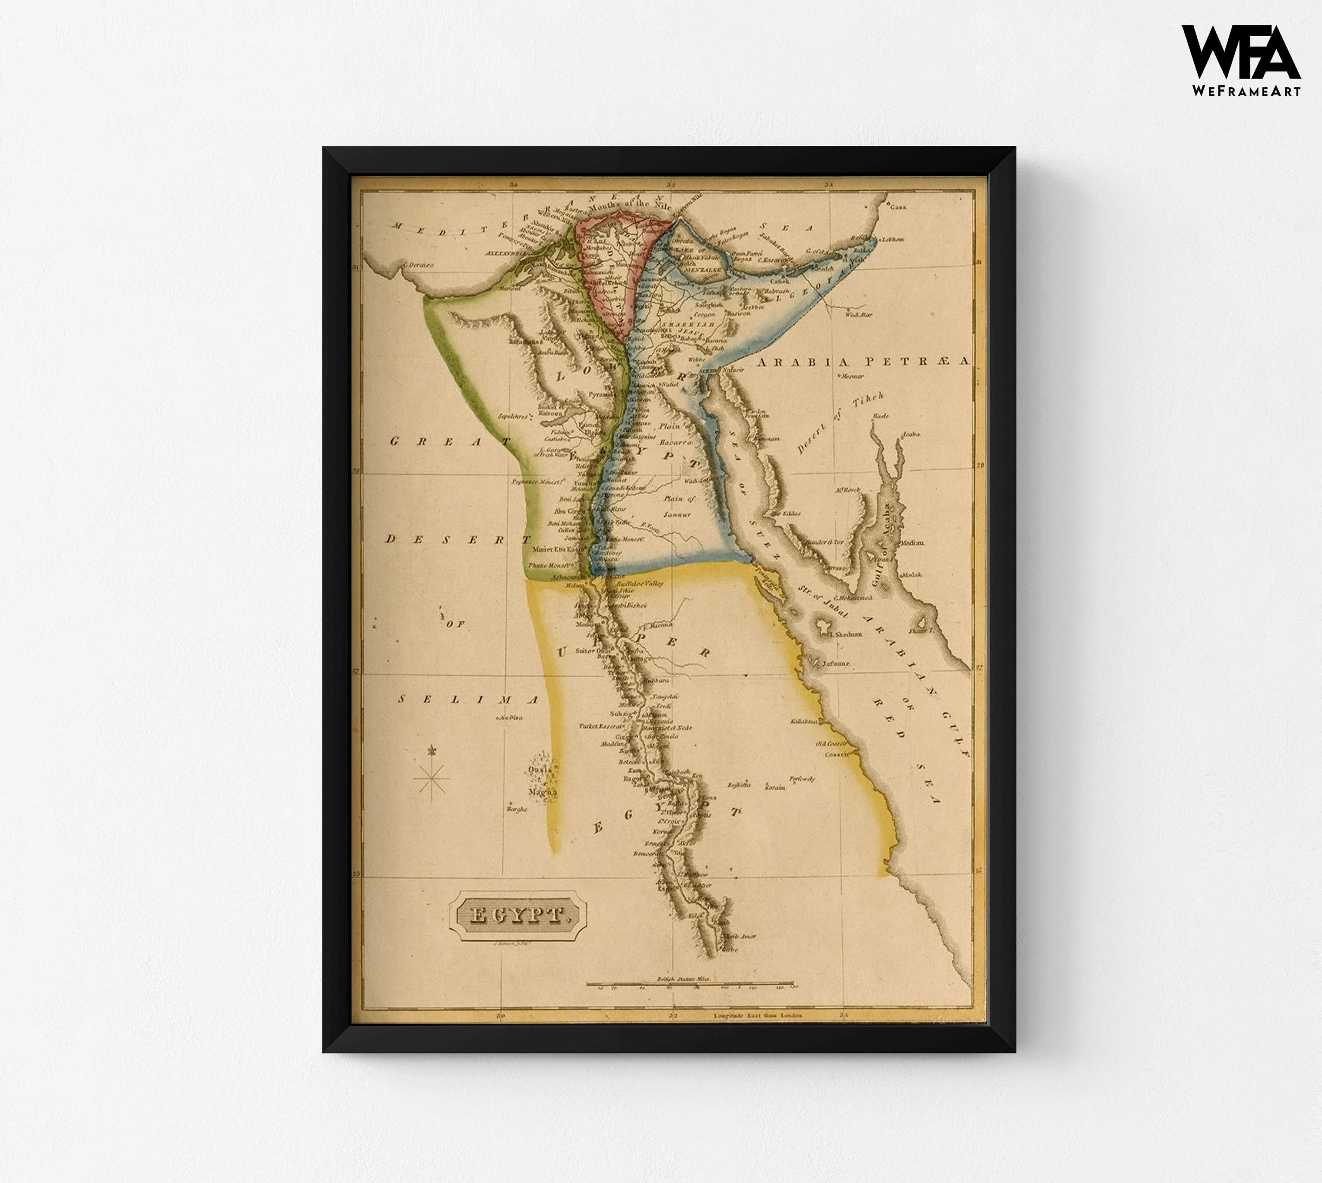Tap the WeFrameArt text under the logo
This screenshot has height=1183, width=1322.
(x=1246, y=91)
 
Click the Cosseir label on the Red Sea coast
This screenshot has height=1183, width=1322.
(x=837, y=754)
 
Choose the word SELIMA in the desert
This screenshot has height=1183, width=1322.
(x=468, y=699)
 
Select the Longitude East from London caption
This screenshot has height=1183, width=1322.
(x=757, y=1015)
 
